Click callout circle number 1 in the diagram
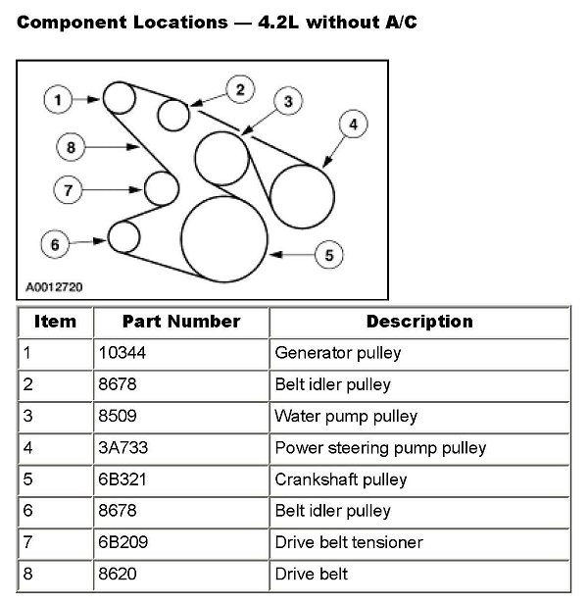click(x=59, y=99)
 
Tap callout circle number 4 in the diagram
click(x=353, y=125)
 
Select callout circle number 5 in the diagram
click(x=329, y=254)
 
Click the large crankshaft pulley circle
click(x=224, y=239)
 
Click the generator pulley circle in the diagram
click(x=120, y=98)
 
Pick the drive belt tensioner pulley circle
click(x=161, y=187)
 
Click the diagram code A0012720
click(x=53, y=289)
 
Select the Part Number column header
click(x=181, y=322)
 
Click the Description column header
click(x=418, y=322)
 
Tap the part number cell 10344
click(x=121, y=353)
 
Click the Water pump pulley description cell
click(x=346, y=417)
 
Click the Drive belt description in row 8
click(x=312, y=574)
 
